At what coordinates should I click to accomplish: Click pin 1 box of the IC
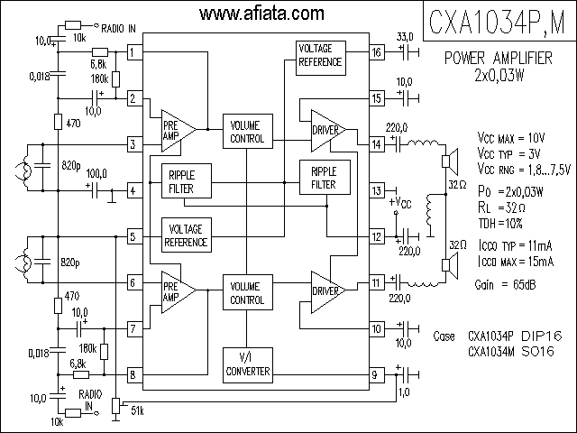tap(135, 52)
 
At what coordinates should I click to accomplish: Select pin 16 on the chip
tap(377, 52)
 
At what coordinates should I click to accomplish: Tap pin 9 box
tap(377, 375)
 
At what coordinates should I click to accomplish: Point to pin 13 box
tap(377, 190)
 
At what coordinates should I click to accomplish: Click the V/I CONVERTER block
tap(248, 364)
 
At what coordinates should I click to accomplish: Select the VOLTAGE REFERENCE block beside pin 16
tap(321, 58)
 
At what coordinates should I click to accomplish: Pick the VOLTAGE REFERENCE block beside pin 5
tap(187, 235)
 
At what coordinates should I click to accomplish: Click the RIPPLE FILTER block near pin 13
tap(325, 177)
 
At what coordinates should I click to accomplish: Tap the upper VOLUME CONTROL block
tap(248, 131)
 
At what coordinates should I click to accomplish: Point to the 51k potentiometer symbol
tap(116, 406)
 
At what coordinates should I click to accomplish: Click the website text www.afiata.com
tap(261, 14)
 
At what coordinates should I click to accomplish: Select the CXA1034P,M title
tap(497, 22)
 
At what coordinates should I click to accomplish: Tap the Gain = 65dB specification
tap(505, 285)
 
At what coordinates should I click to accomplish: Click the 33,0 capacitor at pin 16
tap(408, 52)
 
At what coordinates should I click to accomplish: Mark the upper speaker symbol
tap(450, 161)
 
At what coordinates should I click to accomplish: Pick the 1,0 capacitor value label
tap(404, 392)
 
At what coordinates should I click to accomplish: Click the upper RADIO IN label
tap(118, 28)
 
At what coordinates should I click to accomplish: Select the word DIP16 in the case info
tap(542, 336)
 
